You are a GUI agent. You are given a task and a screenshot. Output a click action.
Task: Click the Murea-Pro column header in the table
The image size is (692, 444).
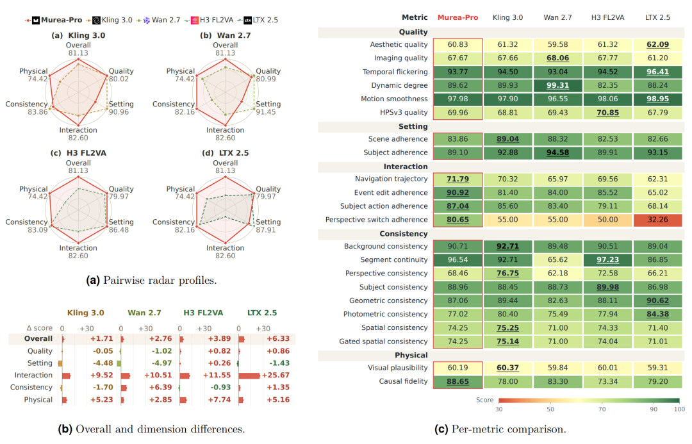pyautogui.click(x=457, y=18)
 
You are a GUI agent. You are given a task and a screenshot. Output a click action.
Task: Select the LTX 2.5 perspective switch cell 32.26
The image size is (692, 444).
pyautogui.click(x=657, y=220)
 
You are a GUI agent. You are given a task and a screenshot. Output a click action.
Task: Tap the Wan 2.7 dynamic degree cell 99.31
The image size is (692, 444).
pyautogui.click(x=558, y=85)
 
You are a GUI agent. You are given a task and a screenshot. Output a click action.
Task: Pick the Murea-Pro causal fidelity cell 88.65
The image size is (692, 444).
pyautogui.click(x=457, y=382)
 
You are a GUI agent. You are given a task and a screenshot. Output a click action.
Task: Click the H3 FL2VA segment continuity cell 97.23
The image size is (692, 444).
pyautogui.click(x=607, y=260)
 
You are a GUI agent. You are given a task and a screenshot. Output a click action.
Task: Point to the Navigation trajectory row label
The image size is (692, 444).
pyautogui.click(x=391, y=179)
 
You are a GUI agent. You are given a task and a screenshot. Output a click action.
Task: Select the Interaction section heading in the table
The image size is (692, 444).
pyautogui.click(x=406, y=167)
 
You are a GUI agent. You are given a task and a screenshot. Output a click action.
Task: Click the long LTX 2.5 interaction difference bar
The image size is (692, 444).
pyautogui.click(x=249, y=375)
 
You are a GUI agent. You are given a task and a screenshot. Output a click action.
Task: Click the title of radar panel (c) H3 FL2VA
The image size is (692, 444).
pyautogui.click(x=78, y=153)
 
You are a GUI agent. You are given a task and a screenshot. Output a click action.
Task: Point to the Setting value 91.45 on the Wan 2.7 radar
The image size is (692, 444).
pyautogui.click(x=266, y=112)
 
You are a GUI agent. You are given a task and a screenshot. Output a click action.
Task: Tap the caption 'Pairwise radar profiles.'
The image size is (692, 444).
pyautogui.click(x=160, y=281)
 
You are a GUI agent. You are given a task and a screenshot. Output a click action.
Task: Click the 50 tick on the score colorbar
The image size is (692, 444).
pyautogui.click(x=550, y=409)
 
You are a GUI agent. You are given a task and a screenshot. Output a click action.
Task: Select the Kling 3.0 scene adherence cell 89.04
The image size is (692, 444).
pyautogui.click(x=507, y=140)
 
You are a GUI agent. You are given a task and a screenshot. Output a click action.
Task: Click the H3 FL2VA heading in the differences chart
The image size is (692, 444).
pyautogui.click(x=203, y=313)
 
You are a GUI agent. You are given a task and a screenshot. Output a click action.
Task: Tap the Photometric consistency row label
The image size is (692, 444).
pyautogui.click(x=386, y=314)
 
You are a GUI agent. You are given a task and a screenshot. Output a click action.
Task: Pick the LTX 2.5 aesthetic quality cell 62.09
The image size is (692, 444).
pyautogui.click(x=657, y=45)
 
